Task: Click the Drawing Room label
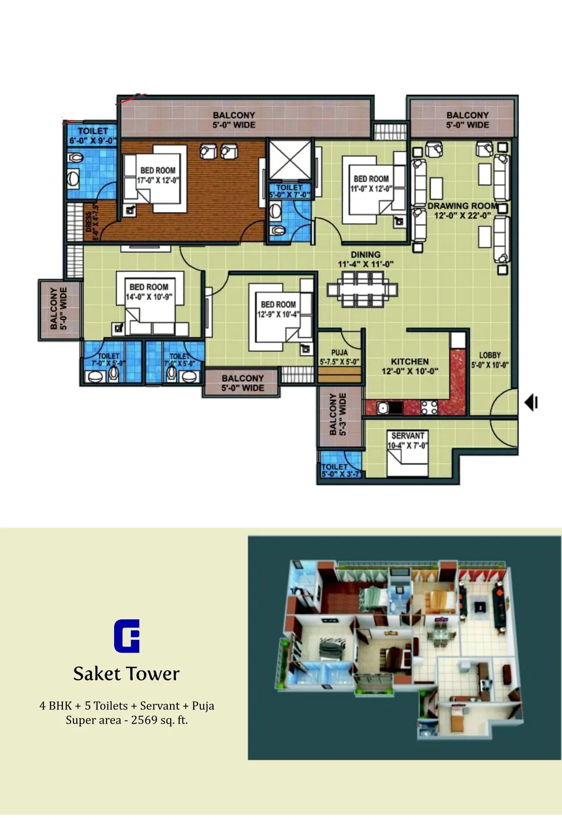[x=463, y=206]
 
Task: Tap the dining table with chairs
[x=362, y=289]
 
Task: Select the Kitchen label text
[x=410, y=361]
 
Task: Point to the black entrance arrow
[x=530, y=403]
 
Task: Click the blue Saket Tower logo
[x=127, y=636]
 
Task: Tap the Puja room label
[x=339, y=353]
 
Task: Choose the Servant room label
[x=408, y=435]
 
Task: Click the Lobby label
[x=490, y=355]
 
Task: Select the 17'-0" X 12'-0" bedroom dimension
[x=158, y=180]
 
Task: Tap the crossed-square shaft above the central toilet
[x=290, y=160]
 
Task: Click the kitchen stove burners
[x=429, y=408]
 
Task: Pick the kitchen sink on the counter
[x=383, y=408]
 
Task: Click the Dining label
[x=366, y=254]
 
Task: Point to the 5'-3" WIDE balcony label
[x=342, y=414]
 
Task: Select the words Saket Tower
[x=126, y=674]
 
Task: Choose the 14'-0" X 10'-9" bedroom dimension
[x=149, y=297]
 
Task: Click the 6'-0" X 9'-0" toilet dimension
[x=92, y=141]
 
